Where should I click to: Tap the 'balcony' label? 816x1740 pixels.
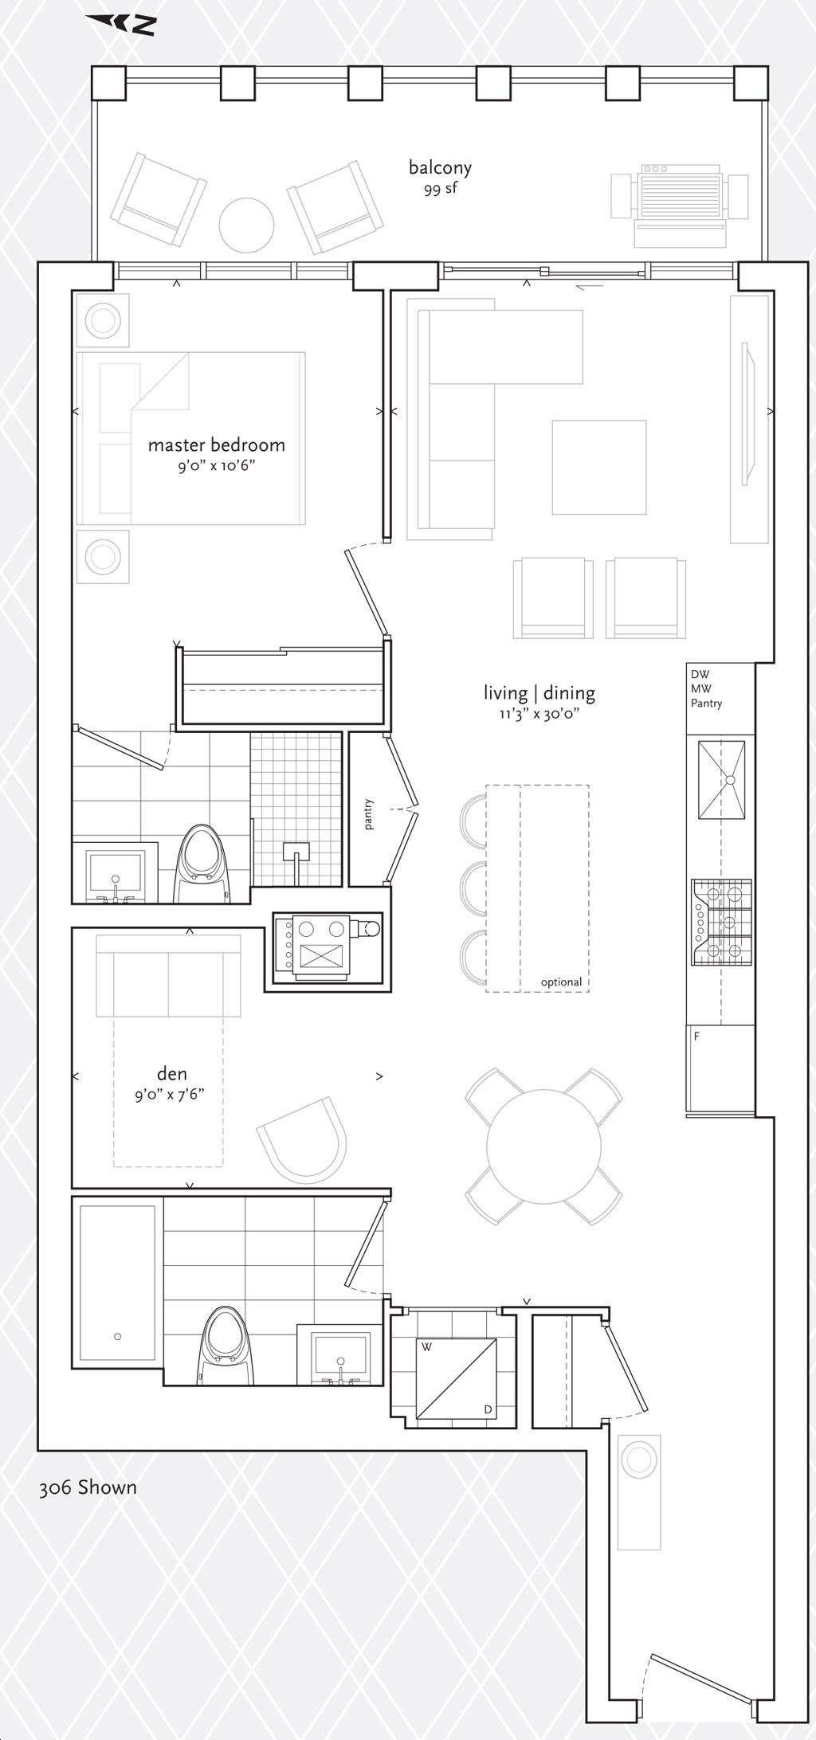pos(440,167)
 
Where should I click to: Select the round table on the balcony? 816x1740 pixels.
pos(247,225)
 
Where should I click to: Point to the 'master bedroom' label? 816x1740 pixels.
pos(216,444)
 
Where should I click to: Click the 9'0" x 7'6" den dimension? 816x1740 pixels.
pos(170,1094)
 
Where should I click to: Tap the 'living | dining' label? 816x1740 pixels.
pos(539,693)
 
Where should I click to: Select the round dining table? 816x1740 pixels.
pos(543,1146)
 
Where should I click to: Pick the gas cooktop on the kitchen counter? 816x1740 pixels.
pos(722,923)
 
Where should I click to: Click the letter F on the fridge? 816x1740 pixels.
pos(697,1037)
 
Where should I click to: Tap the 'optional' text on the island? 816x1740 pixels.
pos(561,982)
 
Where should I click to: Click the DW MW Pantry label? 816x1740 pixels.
pos(707,688)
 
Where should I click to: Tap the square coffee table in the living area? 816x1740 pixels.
pos(599,468)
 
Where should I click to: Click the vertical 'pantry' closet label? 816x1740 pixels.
pos(369,814)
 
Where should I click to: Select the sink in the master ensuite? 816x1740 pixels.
pos(116,875)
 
